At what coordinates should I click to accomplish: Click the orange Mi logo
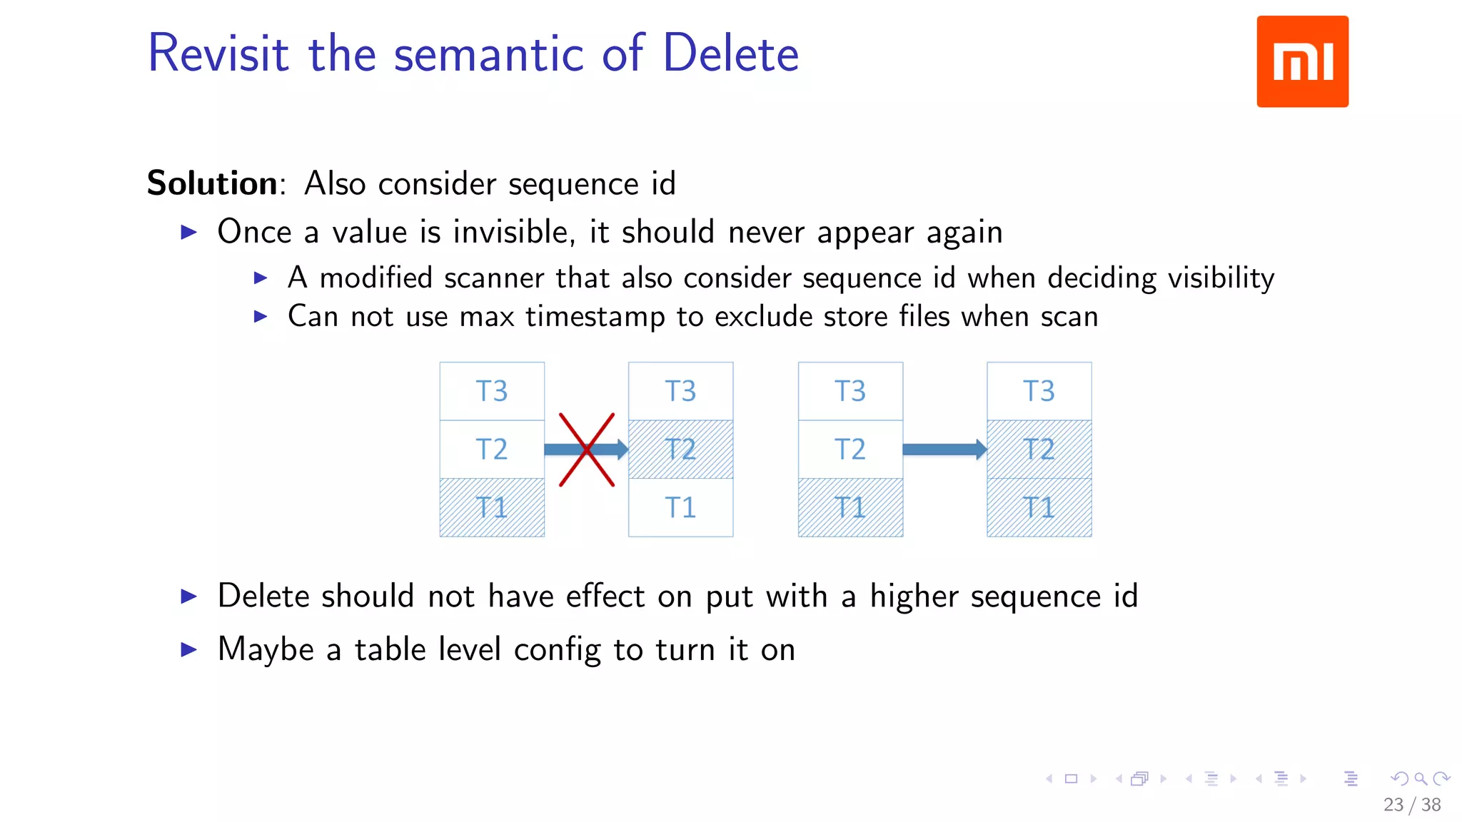1302,61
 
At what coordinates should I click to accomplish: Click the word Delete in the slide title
730,54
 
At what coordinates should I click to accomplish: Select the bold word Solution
212,183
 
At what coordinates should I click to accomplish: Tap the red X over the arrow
587,450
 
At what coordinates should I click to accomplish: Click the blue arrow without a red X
944,450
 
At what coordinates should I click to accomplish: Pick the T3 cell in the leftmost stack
492,391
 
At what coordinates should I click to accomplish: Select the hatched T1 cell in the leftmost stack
492,507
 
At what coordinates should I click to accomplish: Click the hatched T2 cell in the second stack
680,450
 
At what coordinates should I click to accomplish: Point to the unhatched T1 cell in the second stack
680,507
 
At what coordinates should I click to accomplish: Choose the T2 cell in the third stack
850,450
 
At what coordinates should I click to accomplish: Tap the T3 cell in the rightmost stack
1039,391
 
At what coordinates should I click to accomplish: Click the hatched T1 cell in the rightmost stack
1039,507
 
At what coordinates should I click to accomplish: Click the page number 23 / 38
1411,805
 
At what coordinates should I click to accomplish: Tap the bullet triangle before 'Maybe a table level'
189,649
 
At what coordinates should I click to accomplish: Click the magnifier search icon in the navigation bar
1421,778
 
